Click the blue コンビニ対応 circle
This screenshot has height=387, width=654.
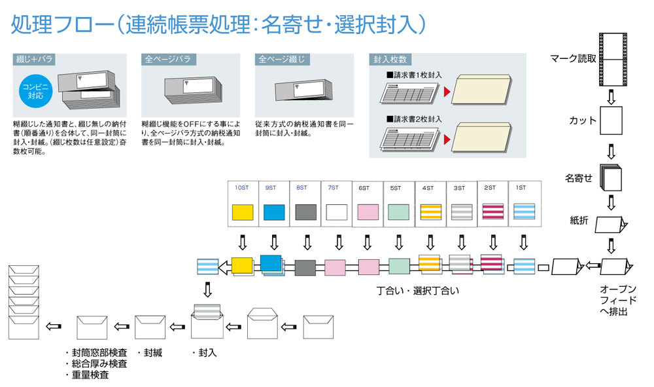point(35,90)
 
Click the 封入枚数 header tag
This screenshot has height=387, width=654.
point(390,60)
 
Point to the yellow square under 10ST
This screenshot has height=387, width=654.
point(243,212)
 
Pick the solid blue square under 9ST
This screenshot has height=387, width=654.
point(274,212)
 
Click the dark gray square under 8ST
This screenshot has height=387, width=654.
point(305,212)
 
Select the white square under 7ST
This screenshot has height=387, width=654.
point(337,212)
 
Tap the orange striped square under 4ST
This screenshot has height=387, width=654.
point(430,212)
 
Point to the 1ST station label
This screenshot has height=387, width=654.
point(521,188)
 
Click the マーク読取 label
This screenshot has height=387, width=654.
point(572,59)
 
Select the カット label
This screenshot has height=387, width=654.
point(582,120)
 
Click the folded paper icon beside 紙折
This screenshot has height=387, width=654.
point(615,224)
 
